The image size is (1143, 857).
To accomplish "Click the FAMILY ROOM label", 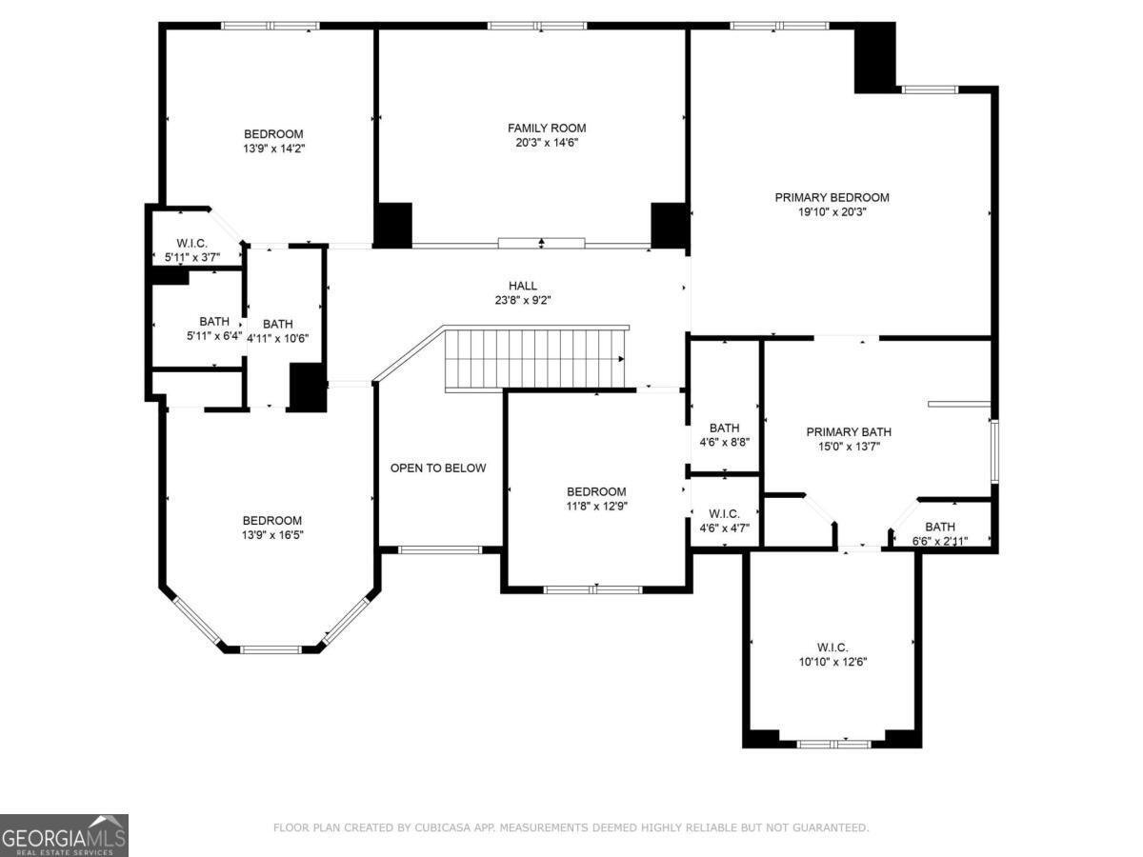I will pyautogui.click(x=546, y=128).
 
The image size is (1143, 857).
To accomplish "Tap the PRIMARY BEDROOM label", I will pyautogui.click(x=832, y=197).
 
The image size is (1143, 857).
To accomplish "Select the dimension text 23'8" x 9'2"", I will pyautogui.click(x=522, y=300).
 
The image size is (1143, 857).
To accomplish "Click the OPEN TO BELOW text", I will pyautogui.click(x=438, y=468).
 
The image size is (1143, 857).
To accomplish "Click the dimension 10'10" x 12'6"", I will pyautogui.click(x=832, y=662).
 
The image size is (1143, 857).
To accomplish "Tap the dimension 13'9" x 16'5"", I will pyautogui.click(x=271, y=535).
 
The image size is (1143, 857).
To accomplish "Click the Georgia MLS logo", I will pyautogui.click(x=64, y=835).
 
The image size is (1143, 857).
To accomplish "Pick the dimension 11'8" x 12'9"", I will pyautogui.click(x=596, y=506).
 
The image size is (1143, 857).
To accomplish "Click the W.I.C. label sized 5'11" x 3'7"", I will pyautogui.click(x=191, y=243).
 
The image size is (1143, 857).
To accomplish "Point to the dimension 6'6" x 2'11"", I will pyautogui.click(x=939, y=541).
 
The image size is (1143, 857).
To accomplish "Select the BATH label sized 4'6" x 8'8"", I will pyautogui.click(x=724, y=428).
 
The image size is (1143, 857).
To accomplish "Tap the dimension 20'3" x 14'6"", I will pyautogui.click(x=546, y=143).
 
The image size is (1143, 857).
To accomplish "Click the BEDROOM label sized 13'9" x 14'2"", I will pyautogui.click(x=273, y=133).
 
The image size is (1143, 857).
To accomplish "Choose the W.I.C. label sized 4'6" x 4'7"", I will pyautogui.click(x=724, y=513).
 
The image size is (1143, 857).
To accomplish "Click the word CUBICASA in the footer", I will pyautogui.click(x=440, y=827).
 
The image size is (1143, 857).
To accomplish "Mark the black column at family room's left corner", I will pyautogui.click(x=391, y=225).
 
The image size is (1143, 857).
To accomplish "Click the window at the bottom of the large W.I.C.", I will pyautogui.click(x=833, y=744).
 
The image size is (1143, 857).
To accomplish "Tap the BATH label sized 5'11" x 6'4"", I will pyautogui.click(x=213, y=321).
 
